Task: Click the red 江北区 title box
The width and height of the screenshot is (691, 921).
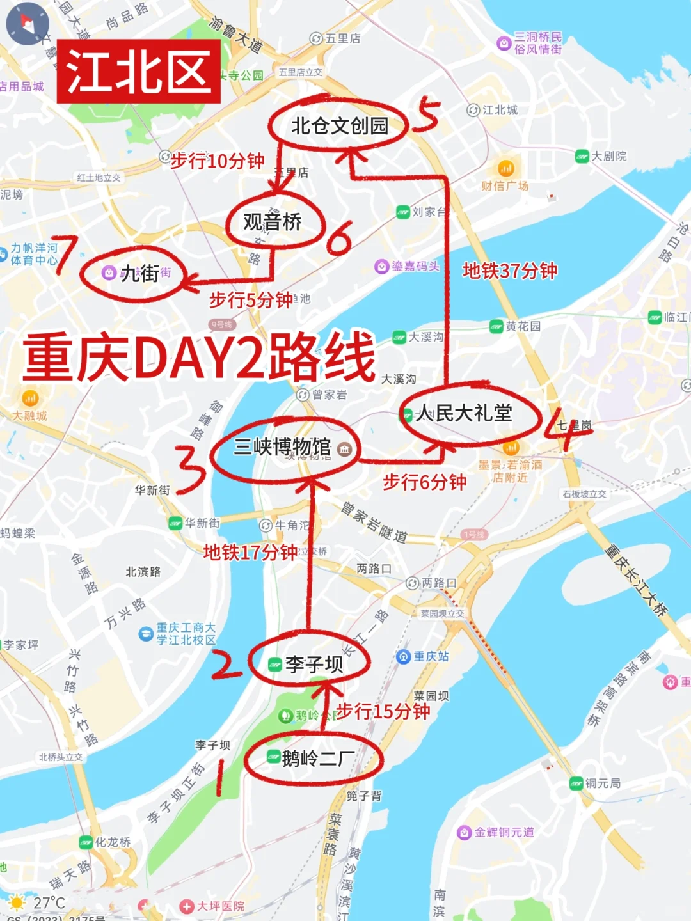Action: tap(139, 72)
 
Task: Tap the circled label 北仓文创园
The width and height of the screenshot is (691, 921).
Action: tap(339, 126)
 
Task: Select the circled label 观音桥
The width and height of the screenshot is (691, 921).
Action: tap(273, 222)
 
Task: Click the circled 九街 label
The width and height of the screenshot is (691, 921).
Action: tap(139, 274)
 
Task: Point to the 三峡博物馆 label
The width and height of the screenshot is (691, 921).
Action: tap(283, 446)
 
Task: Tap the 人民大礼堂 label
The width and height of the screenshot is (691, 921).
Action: tap(465, 413)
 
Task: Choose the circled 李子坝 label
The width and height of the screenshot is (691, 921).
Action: tap(314, 665)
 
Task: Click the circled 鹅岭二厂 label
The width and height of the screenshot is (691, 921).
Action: tap(318, 759)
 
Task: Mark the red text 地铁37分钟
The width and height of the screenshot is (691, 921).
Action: tap(510, 271)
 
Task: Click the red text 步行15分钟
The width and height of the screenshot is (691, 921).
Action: tap(383, 711)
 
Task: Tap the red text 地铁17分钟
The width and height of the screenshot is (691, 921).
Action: tap(250, 552)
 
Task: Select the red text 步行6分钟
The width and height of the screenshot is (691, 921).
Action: tap(424, 482)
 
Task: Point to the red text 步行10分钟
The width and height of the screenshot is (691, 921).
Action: tap(218, 161)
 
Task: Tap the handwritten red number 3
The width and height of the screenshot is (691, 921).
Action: tap(191, 469)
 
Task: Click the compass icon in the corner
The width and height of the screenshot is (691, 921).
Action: tap(28, 24)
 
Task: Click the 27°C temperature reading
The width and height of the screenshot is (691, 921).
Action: tap(49, 902)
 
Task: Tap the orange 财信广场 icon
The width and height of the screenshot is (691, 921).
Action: tap(506, 169)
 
